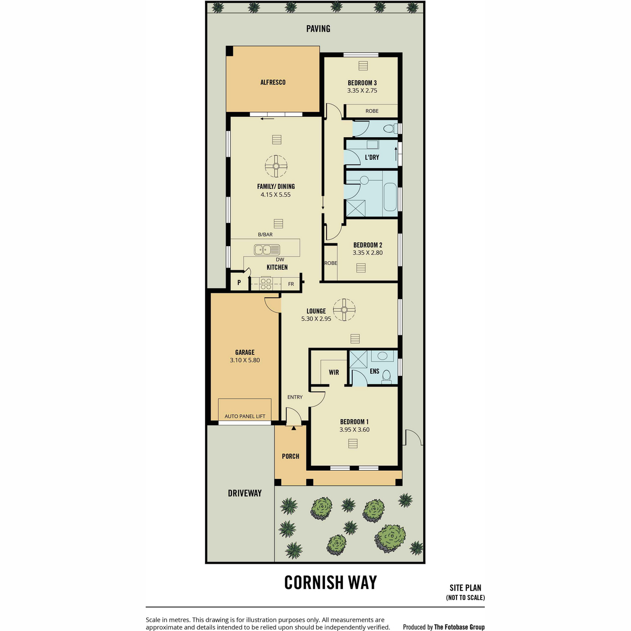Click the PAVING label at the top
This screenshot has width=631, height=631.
click(318, 29)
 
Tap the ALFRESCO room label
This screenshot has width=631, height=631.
click(273, 82)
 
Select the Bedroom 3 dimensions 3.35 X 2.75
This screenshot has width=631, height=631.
click(362, 90)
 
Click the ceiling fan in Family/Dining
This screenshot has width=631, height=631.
click(276, 166)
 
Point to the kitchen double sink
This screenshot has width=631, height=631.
click(267, 250)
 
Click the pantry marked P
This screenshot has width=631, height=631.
click(239, 282)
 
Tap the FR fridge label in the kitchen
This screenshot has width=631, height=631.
click(291, 284)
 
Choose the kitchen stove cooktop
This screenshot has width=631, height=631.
click(266, 283)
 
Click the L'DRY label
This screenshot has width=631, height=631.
click(372, 157)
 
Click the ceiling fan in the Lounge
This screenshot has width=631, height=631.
click(344, 309)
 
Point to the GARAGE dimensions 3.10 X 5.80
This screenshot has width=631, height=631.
click(245, 360)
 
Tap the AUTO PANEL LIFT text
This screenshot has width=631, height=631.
click(245, 416)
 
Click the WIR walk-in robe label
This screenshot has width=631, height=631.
click(334, 372)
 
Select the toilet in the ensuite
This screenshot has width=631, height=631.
click(386, 376)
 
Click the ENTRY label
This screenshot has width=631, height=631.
click(294, 397)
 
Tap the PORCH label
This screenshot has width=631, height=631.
click(290, 456)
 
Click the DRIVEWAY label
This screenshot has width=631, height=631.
click(245, 493)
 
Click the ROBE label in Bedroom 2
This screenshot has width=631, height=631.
click(331, 263)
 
